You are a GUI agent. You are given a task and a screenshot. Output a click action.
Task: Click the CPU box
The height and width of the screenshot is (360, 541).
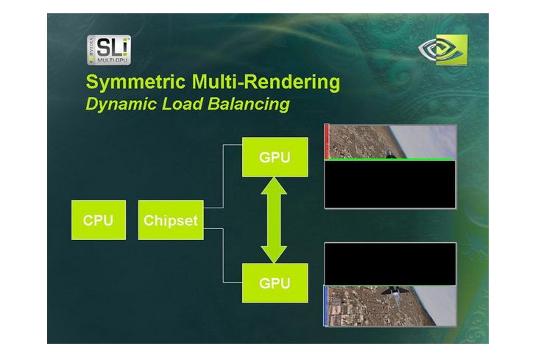coord(98,219)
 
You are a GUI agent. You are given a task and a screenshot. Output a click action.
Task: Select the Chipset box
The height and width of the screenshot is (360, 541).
coord(171,219)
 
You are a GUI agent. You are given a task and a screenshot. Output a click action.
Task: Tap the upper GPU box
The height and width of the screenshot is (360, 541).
coord(275,157)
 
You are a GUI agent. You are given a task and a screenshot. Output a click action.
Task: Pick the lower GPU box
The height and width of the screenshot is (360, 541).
coord(275,282)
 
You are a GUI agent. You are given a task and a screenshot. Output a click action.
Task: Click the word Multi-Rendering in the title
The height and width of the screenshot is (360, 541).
coord(265,82)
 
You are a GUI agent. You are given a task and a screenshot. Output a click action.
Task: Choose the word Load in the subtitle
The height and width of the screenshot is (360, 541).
coord(176,105)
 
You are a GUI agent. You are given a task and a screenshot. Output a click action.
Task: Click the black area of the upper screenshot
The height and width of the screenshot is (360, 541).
coord(390,184)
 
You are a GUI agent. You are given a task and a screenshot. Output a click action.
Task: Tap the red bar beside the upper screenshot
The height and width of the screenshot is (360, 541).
coord(325,141)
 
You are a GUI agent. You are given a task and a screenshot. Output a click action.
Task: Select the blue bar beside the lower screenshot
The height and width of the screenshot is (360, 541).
coord(325,305)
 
